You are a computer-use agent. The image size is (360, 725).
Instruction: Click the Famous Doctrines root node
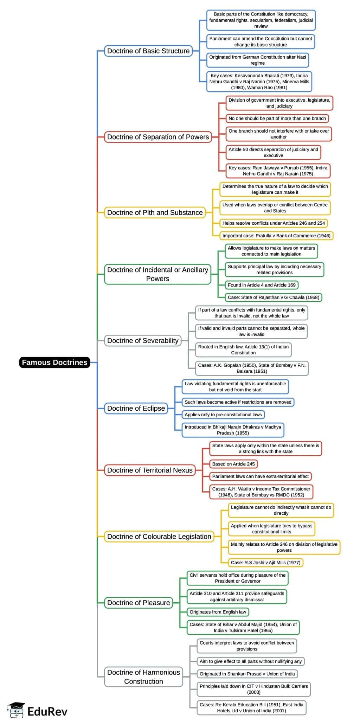coord(54,362)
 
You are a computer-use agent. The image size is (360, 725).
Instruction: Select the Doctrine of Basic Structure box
coord(148,51)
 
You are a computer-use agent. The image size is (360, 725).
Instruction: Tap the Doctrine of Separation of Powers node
coord(158,137)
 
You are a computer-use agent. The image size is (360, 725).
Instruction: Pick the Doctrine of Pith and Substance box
coord(155,212)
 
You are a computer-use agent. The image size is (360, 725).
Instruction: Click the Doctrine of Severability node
coord(143,340)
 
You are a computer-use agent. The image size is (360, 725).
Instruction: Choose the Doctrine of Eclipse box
coord(136,408)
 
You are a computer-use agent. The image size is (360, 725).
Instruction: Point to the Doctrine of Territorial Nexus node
coord(150,470)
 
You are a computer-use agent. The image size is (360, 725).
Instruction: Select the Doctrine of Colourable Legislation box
coord(159,537)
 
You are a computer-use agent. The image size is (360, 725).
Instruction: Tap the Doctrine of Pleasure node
coord(139,603)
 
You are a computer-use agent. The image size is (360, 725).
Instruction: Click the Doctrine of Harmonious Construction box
coord(143,677)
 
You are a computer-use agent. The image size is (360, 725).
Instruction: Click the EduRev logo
coord(37,711)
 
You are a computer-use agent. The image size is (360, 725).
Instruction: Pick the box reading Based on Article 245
coord(233,464)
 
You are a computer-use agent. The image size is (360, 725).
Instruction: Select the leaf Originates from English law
coord(218,612)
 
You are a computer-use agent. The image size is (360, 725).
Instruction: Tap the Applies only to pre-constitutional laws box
coord(223,415)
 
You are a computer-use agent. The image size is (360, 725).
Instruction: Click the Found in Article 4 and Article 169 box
coord(262,285)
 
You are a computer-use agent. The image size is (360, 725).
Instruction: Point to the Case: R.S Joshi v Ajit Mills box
coord(265,563)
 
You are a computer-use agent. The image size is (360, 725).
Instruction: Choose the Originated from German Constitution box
coord(257,60)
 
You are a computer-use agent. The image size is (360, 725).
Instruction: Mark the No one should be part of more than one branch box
coord(277,118)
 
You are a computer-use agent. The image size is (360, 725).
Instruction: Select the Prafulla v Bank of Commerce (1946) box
coord(276,236)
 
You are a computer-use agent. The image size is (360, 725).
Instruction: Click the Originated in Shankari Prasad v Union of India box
coord(247,674)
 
